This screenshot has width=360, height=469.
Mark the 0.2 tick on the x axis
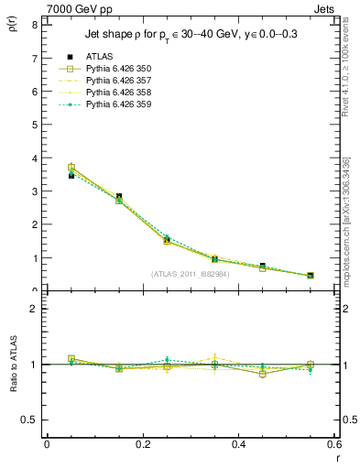tap(142, 444)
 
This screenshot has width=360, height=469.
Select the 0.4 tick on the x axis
tap(238, 444)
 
